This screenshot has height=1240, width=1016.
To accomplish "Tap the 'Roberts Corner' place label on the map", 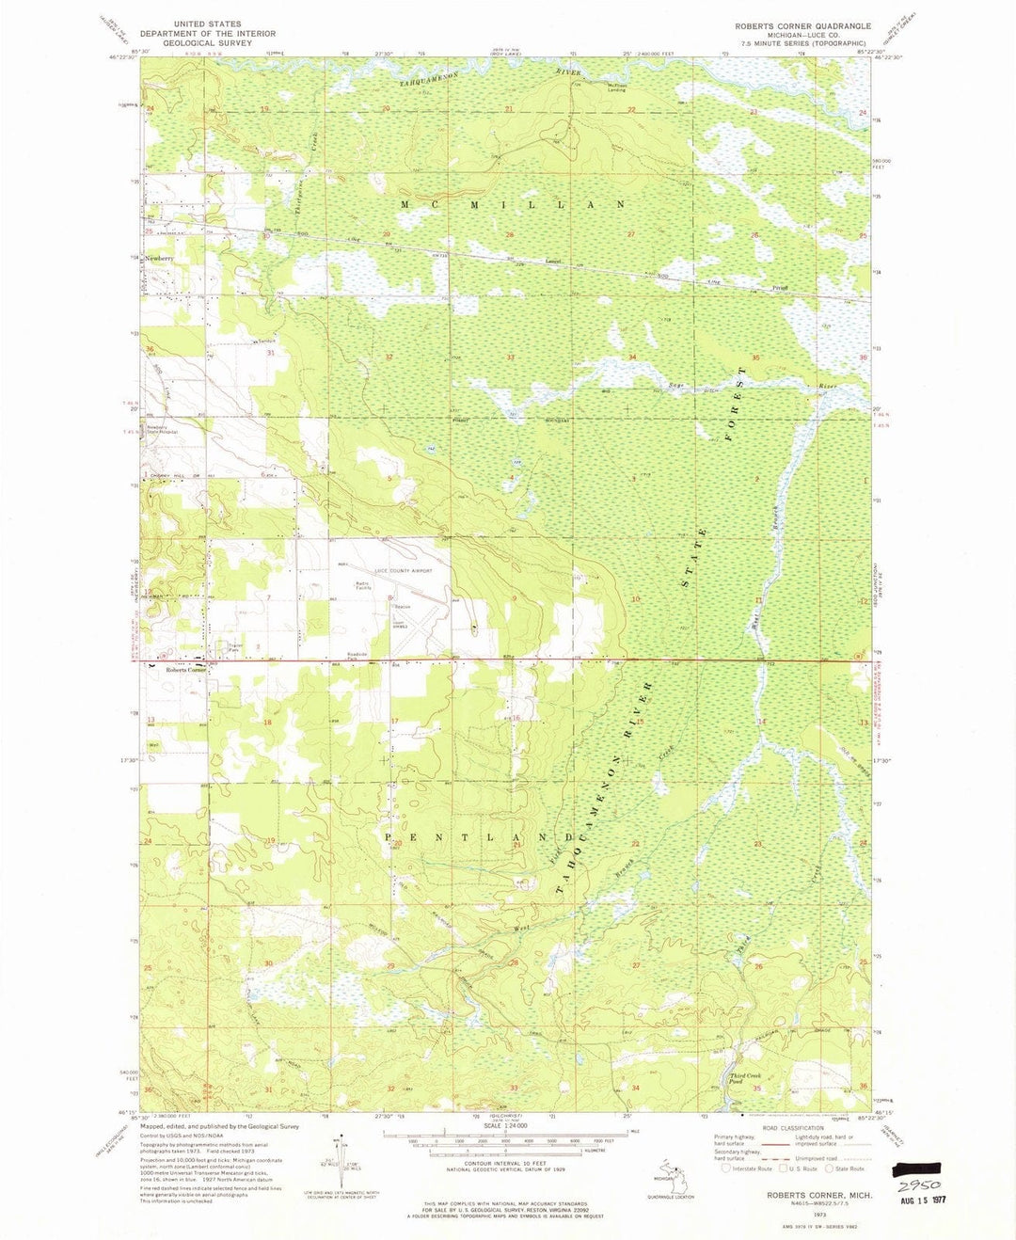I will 185,670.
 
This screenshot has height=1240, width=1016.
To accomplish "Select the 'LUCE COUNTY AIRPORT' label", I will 404,571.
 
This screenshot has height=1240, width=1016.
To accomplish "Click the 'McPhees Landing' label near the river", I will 616,87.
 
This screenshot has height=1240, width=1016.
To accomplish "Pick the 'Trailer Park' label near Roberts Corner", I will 234,647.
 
